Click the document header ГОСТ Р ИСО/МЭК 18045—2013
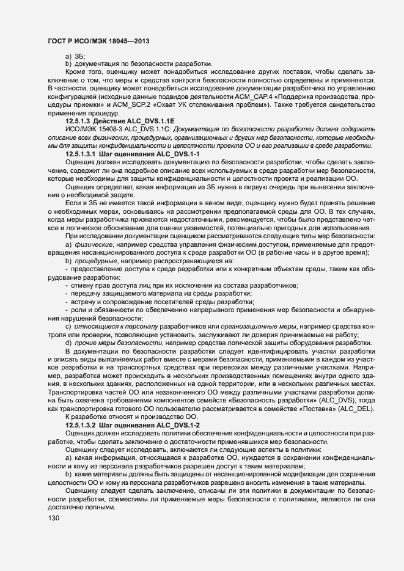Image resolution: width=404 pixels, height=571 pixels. (x=97, y=40)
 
